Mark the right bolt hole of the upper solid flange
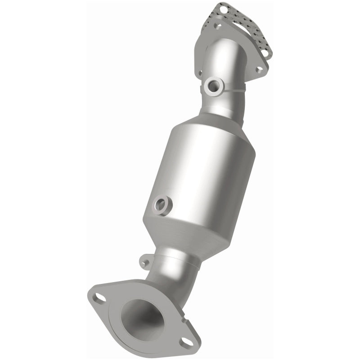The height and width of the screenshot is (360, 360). (x=259, y=70)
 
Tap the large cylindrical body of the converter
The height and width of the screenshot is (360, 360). (x=202, y=171)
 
